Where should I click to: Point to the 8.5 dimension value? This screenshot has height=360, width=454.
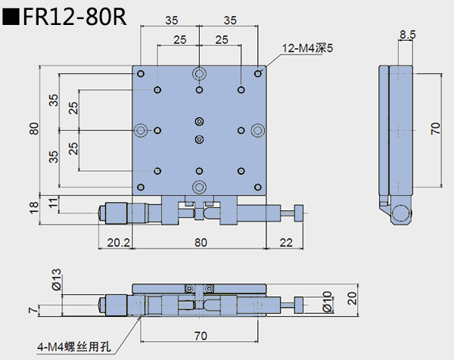(x=407, y=34)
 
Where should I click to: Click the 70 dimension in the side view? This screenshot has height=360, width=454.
(x=435, y=129)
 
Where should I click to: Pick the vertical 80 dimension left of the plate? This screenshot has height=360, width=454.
(x=33, y=129)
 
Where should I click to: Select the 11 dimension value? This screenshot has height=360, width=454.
(x=52, y=202)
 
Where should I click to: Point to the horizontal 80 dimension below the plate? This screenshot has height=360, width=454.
(x=200, y=243)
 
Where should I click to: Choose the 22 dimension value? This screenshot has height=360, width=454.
(x=285, y=243)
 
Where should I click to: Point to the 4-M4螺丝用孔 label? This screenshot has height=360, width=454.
(x=73, y=347)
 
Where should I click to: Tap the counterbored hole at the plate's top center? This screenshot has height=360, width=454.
(x=199, y=73)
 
